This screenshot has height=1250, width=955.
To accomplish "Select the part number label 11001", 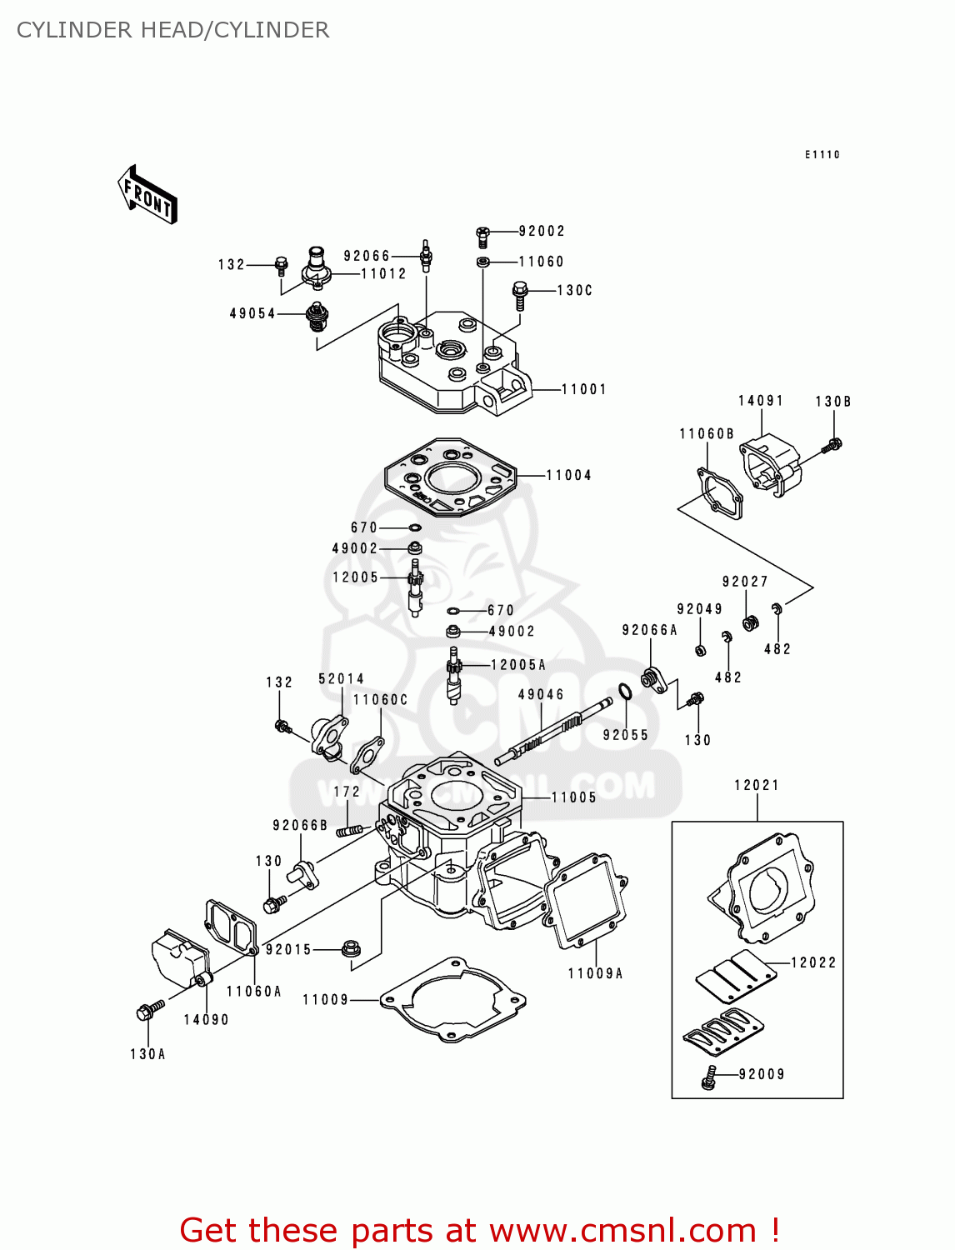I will tap(583, 389).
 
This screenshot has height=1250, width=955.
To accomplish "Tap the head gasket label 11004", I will tap(568, 475).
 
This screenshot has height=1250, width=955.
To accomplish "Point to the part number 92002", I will tap(542, 231).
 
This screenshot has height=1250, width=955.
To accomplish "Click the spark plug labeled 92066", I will tap(427, 254).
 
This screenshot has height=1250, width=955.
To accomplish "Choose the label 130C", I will tap(574, 290).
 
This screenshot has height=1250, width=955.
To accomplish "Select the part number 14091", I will tap(760, 401).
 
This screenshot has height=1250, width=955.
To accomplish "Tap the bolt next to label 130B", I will tap(832, 446).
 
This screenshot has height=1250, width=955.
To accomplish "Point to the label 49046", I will tap(541, 694).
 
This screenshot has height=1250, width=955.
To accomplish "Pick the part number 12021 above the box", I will tap(757, 785).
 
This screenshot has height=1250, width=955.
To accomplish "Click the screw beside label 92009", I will tap(709, 1077).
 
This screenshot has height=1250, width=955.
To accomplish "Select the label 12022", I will tap(812, 962).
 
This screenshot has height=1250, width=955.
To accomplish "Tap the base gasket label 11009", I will tap(325, 999).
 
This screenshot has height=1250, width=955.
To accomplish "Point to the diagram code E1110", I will tap(822, 155).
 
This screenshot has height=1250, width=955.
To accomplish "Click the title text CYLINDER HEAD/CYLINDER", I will tap(172, 30).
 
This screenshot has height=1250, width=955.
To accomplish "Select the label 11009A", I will tap(595, 973).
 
